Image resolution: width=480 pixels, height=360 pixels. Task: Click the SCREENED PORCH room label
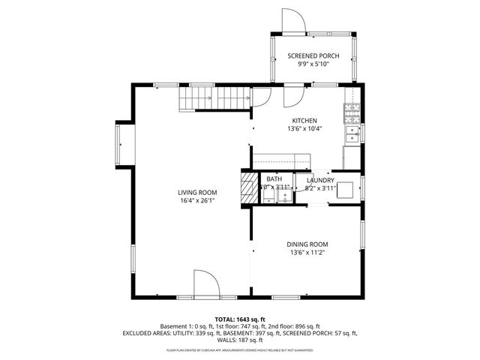[314, 56]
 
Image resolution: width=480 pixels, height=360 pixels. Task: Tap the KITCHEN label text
[303, 121]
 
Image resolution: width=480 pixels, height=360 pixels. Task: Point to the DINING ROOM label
[307, 244]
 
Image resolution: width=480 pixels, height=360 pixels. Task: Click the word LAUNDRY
[320, 181]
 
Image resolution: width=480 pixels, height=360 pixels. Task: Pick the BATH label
[274, 180]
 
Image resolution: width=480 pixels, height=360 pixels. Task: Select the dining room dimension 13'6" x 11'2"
[307, 253]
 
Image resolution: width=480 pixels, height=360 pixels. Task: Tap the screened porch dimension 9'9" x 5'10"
[314, 64]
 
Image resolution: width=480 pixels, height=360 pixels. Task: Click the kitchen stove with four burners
[351, 113]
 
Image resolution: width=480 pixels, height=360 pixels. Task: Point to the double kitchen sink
[351, 134]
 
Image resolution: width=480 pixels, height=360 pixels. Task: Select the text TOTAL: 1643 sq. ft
[240, 319]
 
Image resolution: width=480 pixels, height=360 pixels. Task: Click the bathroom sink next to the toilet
[285, 196]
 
